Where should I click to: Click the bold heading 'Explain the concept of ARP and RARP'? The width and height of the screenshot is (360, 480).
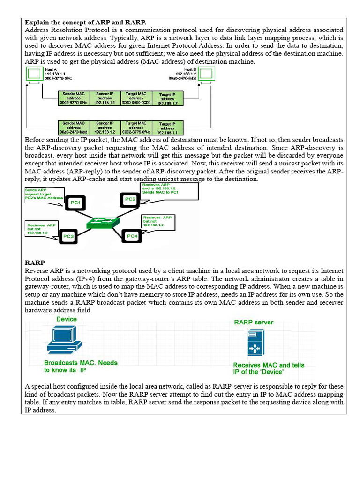(x=85, y=22)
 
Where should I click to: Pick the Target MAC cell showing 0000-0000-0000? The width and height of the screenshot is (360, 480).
(x=136, y=99)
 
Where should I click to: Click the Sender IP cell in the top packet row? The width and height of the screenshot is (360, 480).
(x=105, y=99)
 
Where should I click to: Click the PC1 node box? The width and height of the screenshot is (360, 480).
(x=75, y=203)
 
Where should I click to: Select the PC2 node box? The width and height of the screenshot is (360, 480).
(x=130, y=200)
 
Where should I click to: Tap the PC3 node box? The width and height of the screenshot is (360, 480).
(x=69, y=236)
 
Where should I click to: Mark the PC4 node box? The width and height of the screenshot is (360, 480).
(x=133, y=236)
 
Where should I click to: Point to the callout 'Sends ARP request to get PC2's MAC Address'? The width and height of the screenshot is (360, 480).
(x=44, y=195)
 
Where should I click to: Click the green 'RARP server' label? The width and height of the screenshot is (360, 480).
(x=254, y=322)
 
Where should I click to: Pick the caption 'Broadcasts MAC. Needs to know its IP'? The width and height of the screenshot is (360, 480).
(x=81, y=366)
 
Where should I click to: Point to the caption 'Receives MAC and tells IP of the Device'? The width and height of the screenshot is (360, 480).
(x=269, y=368)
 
